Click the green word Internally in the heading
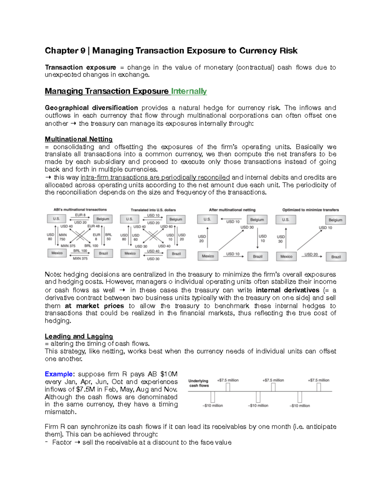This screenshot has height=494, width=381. pos(189,91)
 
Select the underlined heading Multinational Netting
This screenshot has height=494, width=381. pos(78,139)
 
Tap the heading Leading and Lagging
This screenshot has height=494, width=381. pos(79,336)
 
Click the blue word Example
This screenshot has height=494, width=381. pos(59,374)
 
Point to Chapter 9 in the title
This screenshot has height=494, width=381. pos(65,51)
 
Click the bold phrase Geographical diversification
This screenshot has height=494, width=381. pos(91,108)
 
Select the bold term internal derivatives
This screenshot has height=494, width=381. pos(287,290)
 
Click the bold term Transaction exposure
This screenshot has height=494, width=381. pos(80,67)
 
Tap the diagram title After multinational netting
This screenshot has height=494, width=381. pos(232,210)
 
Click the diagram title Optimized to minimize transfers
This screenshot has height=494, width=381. pos(310,210)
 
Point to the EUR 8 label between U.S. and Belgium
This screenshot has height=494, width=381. pos(80,215)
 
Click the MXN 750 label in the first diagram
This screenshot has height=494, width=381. pos(63,237)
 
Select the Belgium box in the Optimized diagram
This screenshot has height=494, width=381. pos(335,220)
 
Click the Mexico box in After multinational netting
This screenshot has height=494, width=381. pos(208,256)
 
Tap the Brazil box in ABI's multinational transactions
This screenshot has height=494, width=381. pos(103,254)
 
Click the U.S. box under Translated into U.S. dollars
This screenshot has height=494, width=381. pos(129,219)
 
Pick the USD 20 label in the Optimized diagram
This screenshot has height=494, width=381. pos(311,254)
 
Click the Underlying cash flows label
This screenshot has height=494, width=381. pos(198,383)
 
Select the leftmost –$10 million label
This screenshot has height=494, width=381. pos(213,406)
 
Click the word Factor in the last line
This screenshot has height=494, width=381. pos(62,442)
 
